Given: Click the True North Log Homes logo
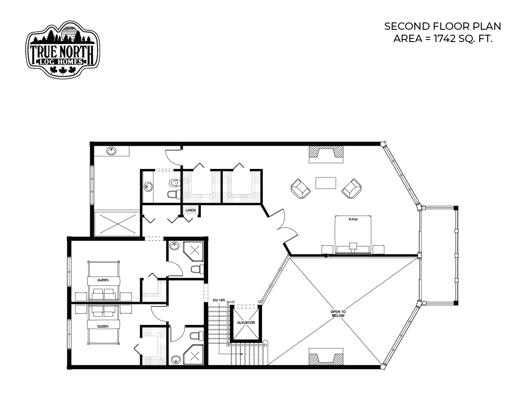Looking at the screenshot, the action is (63, 50).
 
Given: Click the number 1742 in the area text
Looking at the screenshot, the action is (445, 39).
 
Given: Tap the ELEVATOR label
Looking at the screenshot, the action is (246, 323).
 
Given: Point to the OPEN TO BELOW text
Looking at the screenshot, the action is (338, 314).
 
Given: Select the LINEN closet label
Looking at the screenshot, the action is (191, 210).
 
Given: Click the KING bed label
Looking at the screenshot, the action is (353, 219).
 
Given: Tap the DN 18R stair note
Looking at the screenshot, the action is (219, 300).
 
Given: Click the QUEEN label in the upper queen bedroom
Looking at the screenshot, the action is (103, 280).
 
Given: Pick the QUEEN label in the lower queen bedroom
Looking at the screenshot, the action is (103, 326).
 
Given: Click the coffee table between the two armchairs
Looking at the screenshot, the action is (326, 183).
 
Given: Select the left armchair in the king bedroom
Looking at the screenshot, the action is (301, 188).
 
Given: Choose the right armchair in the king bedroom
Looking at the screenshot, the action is (351, 188).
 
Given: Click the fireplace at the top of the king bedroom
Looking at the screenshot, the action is (326, 154).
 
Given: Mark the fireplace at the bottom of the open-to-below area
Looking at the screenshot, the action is (326, 357).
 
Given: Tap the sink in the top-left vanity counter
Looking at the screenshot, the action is (111, 151).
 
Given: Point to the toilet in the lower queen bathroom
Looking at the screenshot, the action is (197, 336).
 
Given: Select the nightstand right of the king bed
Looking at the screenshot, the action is (379, 249).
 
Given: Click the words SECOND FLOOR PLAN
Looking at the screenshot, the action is (442, 26).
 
